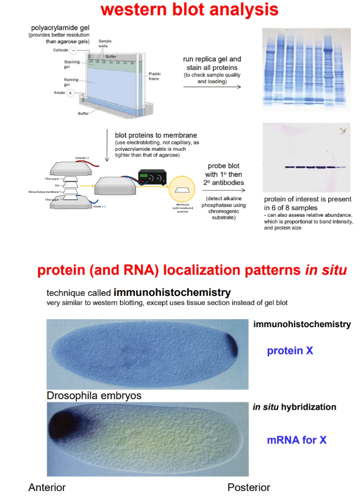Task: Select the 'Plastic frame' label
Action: point(155,76)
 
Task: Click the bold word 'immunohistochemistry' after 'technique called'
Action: point(172,292)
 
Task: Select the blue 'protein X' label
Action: point(290,350)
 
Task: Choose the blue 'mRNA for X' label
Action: point(296,440)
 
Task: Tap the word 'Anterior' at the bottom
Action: point(47,487)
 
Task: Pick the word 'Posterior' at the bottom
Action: point(249,487)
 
